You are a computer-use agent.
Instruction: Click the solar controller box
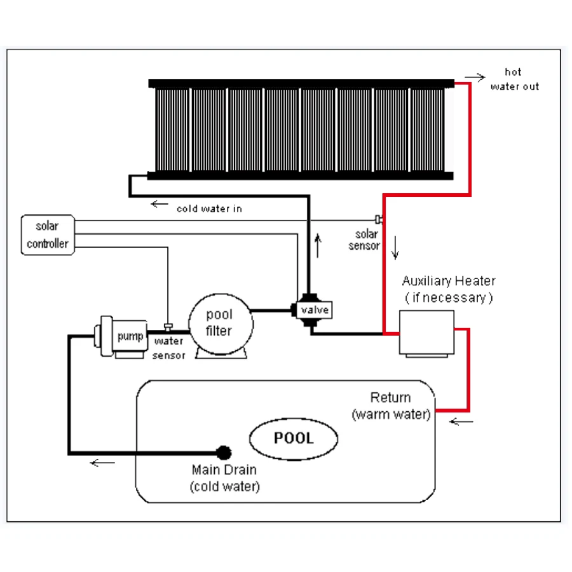click(x=48, y=235)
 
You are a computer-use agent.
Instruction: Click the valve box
click(x=314, y=310)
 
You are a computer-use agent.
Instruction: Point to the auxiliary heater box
click(x=426, y=332)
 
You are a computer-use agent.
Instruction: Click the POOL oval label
click(x=293, y=439)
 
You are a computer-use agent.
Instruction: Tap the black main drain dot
click(x=224, y=453)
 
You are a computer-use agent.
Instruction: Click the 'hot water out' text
click(x=514, y=79)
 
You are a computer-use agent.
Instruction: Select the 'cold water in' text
click(x=209, y=208)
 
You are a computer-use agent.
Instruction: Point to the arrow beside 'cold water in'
click(x=160, y=204)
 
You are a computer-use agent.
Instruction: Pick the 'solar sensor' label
click(x=364, y=240)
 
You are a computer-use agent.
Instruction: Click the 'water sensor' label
click(x=169, y=348)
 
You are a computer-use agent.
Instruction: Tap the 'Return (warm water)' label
click(x=391, y=406)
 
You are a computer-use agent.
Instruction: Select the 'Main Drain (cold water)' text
click(x=224, y=479)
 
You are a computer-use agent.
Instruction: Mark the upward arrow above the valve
click(x=318, y=245)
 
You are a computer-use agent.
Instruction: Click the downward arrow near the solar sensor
click(x=395, y=248)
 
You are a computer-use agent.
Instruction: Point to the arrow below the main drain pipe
click(x=102, y=463)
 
